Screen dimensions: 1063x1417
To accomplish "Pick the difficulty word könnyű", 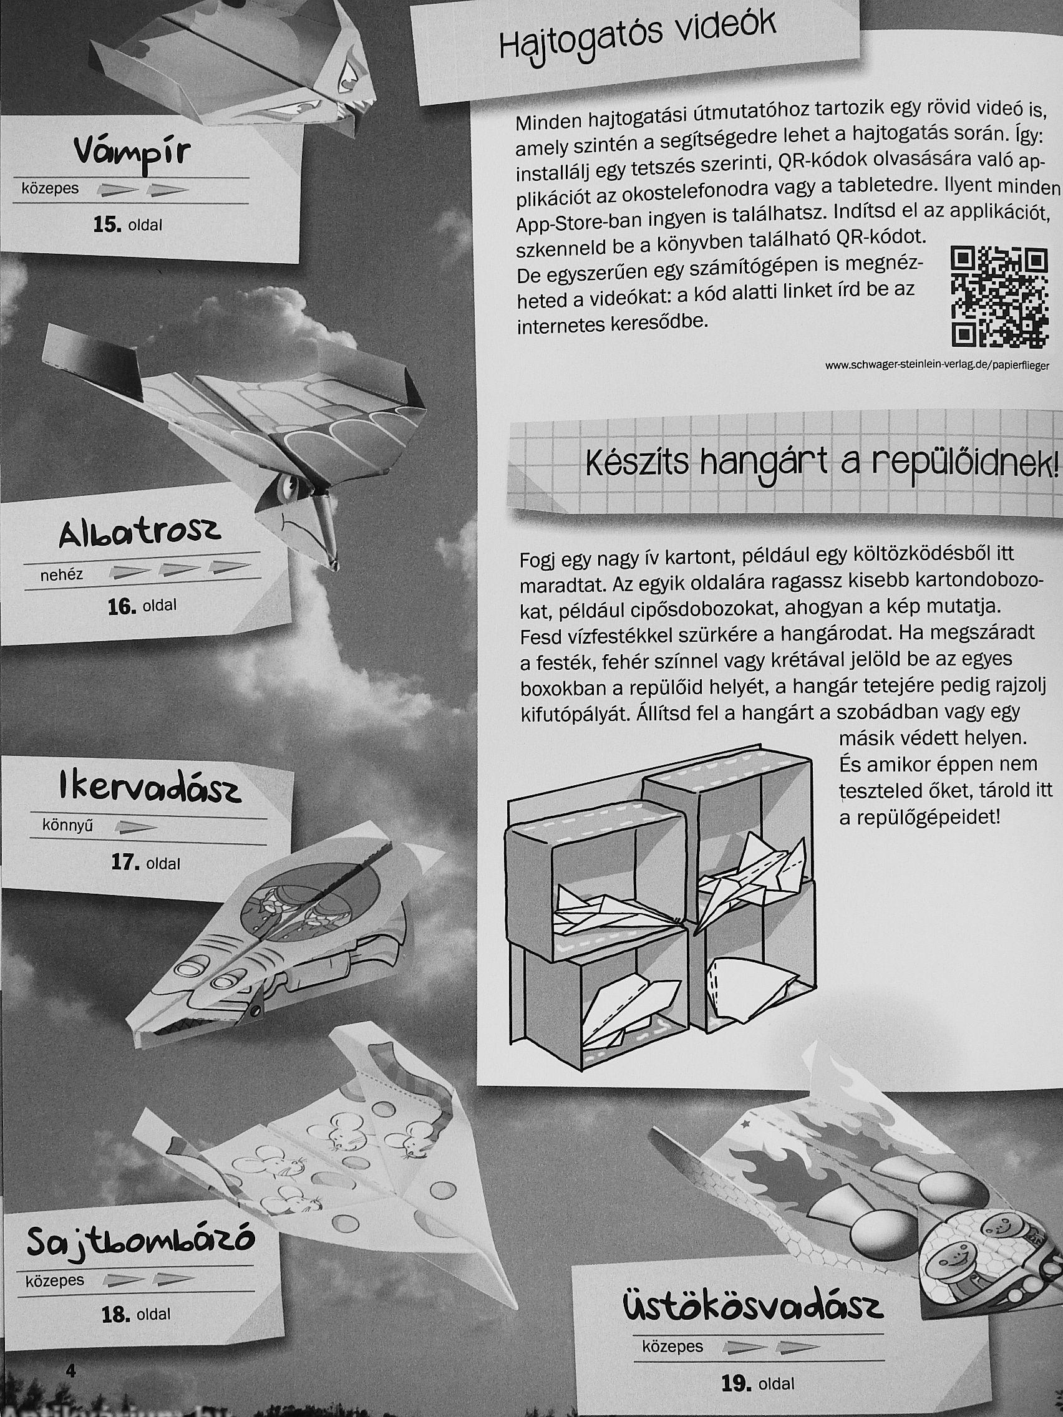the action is point(68,826).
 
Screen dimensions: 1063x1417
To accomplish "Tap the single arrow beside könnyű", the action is point(136,828).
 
